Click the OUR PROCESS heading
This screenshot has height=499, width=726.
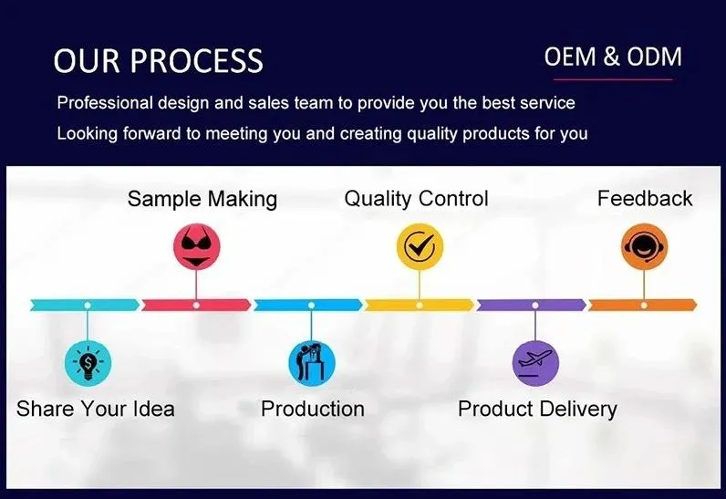pyautogui.click(x=158, y=60)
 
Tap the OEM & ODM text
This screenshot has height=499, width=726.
pyautogui.click(x=612, y=57)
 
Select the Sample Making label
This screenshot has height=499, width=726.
pyautogui.click(x=202, y=199)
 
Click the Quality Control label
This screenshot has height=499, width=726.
pyautogui.click(x=416, y=198)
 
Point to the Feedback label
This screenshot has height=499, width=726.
pyautogui.click(x=644, y=198)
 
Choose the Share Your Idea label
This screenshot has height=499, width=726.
pyautogui.click(x=95, y=408)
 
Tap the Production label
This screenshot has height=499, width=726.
pyautogui.click(x=312, y=408)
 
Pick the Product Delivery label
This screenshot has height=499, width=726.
pyautogui.click(x=536, y=408)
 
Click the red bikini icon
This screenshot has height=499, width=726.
pyautogui.click(x=197, y=246)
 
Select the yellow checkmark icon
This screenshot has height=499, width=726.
pyautogui.click(x=420, y=246)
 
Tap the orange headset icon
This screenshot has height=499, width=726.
pyautogui.click(x=644, y=246)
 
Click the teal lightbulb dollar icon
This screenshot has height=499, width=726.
pyautogui.click(x=88, y=363)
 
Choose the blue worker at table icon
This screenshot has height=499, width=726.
pyautogui.click(x=311, y=362)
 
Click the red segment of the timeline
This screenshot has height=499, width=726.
pyautogui.click(x=196, y=305)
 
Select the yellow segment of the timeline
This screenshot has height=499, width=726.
pyautogui.click(x=420, y=305)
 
